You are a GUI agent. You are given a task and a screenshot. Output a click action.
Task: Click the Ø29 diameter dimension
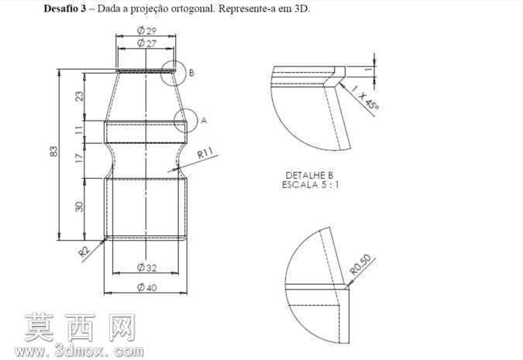click(x=146, y=31)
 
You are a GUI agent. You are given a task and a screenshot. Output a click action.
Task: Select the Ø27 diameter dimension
click(x=146, y=43)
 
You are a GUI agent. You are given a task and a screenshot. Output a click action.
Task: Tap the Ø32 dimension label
click(x=146, y=267)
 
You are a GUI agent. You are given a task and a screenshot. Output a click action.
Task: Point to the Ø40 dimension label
click(x=146, y=287)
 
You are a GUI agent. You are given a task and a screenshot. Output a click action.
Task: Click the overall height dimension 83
click(x=53, y=151)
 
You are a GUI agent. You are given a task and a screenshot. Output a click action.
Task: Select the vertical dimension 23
click(x=79, y=96)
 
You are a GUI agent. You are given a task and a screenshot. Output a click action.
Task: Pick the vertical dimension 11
click(x=79, y=129)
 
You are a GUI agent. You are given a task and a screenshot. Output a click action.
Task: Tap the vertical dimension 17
click(x=79, y=157)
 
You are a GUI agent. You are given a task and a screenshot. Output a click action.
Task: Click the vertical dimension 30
click(x=79, y=207)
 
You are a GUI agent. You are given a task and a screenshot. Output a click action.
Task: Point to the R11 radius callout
click(x=205, y=153)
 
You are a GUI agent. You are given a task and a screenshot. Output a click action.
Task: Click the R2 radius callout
click(x=84, y=252)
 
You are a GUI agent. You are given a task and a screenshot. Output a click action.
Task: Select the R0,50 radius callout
click(x=360, y=265)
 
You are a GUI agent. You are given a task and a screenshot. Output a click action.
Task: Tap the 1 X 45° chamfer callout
click(x=365, y=98)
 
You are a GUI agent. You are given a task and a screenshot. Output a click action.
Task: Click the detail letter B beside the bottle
click(x=191, y=73)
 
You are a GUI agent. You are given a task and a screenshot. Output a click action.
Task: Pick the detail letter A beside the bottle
click(x=204, y=120)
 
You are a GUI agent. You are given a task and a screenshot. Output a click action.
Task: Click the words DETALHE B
click(x=309, y=175)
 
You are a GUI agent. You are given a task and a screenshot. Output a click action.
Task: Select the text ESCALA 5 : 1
click(x=311, y=185)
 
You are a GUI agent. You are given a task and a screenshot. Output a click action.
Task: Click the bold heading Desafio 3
click(x=65, y=9)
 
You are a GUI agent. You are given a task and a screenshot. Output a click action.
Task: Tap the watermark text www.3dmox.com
click(x=79, y=351)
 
